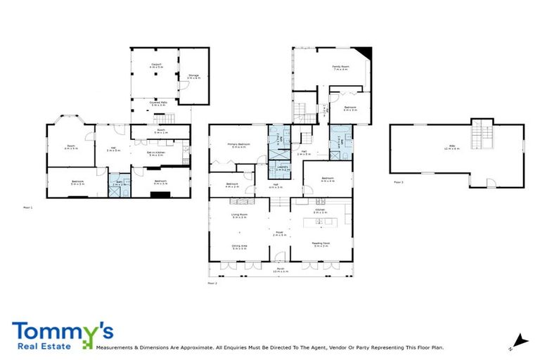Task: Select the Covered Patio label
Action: coord(157,103)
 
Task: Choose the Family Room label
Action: coord(340,67)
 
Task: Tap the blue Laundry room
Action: coord(281,169)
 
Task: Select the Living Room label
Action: coord(239,216)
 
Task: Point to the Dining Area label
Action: coord(239,247)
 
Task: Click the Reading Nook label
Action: coord(321,245)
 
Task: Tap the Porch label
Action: coord(280,269)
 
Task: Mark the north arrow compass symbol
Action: coord(519,341)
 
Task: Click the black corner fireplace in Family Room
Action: coord(364,52)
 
